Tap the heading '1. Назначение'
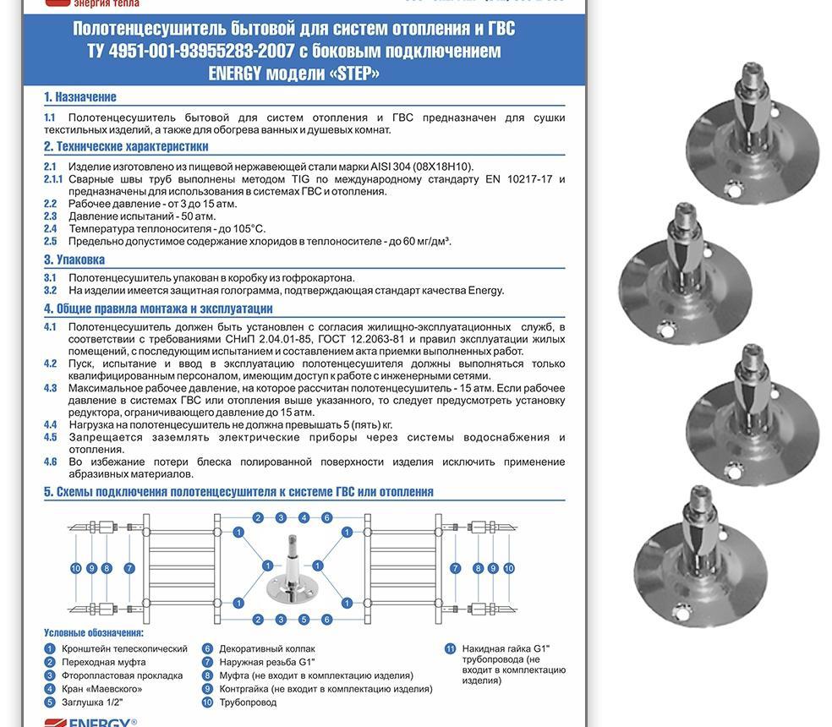[x=80, y=97]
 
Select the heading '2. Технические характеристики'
[x=126, y=146]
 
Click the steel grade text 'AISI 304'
[x=390, y=167]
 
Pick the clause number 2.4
[x=51, y=228]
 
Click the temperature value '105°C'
[x=247, y=228]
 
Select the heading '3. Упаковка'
[x=74, y=260]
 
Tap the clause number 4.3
[x=51, y=389]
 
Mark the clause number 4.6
[x=51, y=462]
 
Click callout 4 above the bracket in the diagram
[x=304, y=518]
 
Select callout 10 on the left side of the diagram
[x=76, y=569]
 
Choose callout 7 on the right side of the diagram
[x=455, y=569]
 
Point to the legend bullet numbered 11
[x=450, y=649]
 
